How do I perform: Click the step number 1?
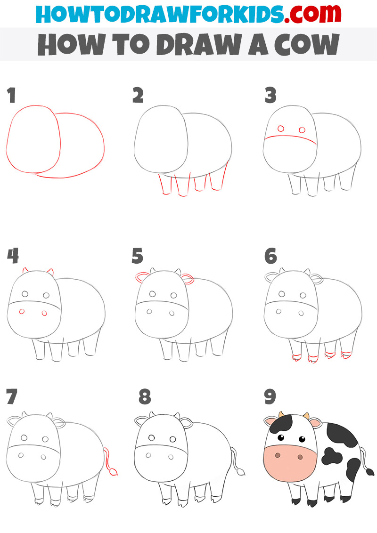click(11, 96)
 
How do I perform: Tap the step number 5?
click(138, 257)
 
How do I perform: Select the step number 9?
click(270, 397)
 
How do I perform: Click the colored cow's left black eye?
click(280, 439)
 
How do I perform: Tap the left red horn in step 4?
click(25, 271)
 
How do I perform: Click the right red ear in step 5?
click(187, 279)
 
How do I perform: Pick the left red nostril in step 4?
click(22, 312)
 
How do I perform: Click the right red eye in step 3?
click(302, 129)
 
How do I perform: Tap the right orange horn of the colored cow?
click(306, 416)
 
